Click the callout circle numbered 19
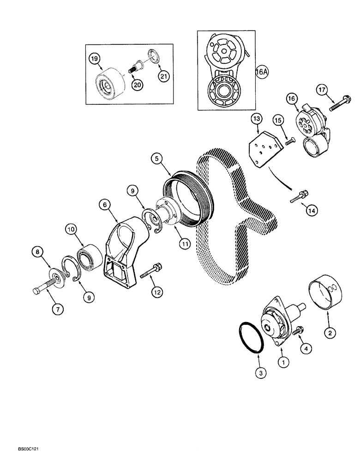pos(95,59)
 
